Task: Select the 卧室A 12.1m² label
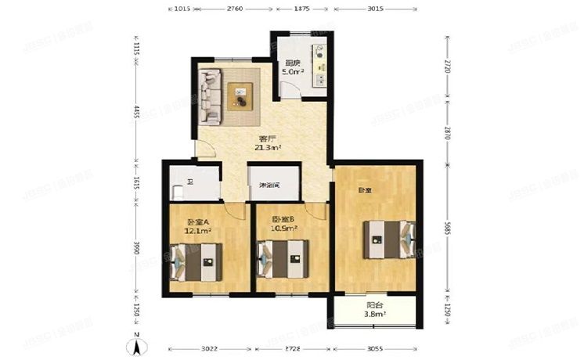(196, 225)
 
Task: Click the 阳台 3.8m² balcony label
(375, 310)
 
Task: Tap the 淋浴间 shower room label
(269, 185)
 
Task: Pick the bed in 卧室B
(280, 259)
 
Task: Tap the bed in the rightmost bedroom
(387, 238)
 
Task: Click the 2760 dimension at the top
(235, 9)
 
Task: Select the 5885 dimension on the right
(447, 229)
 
